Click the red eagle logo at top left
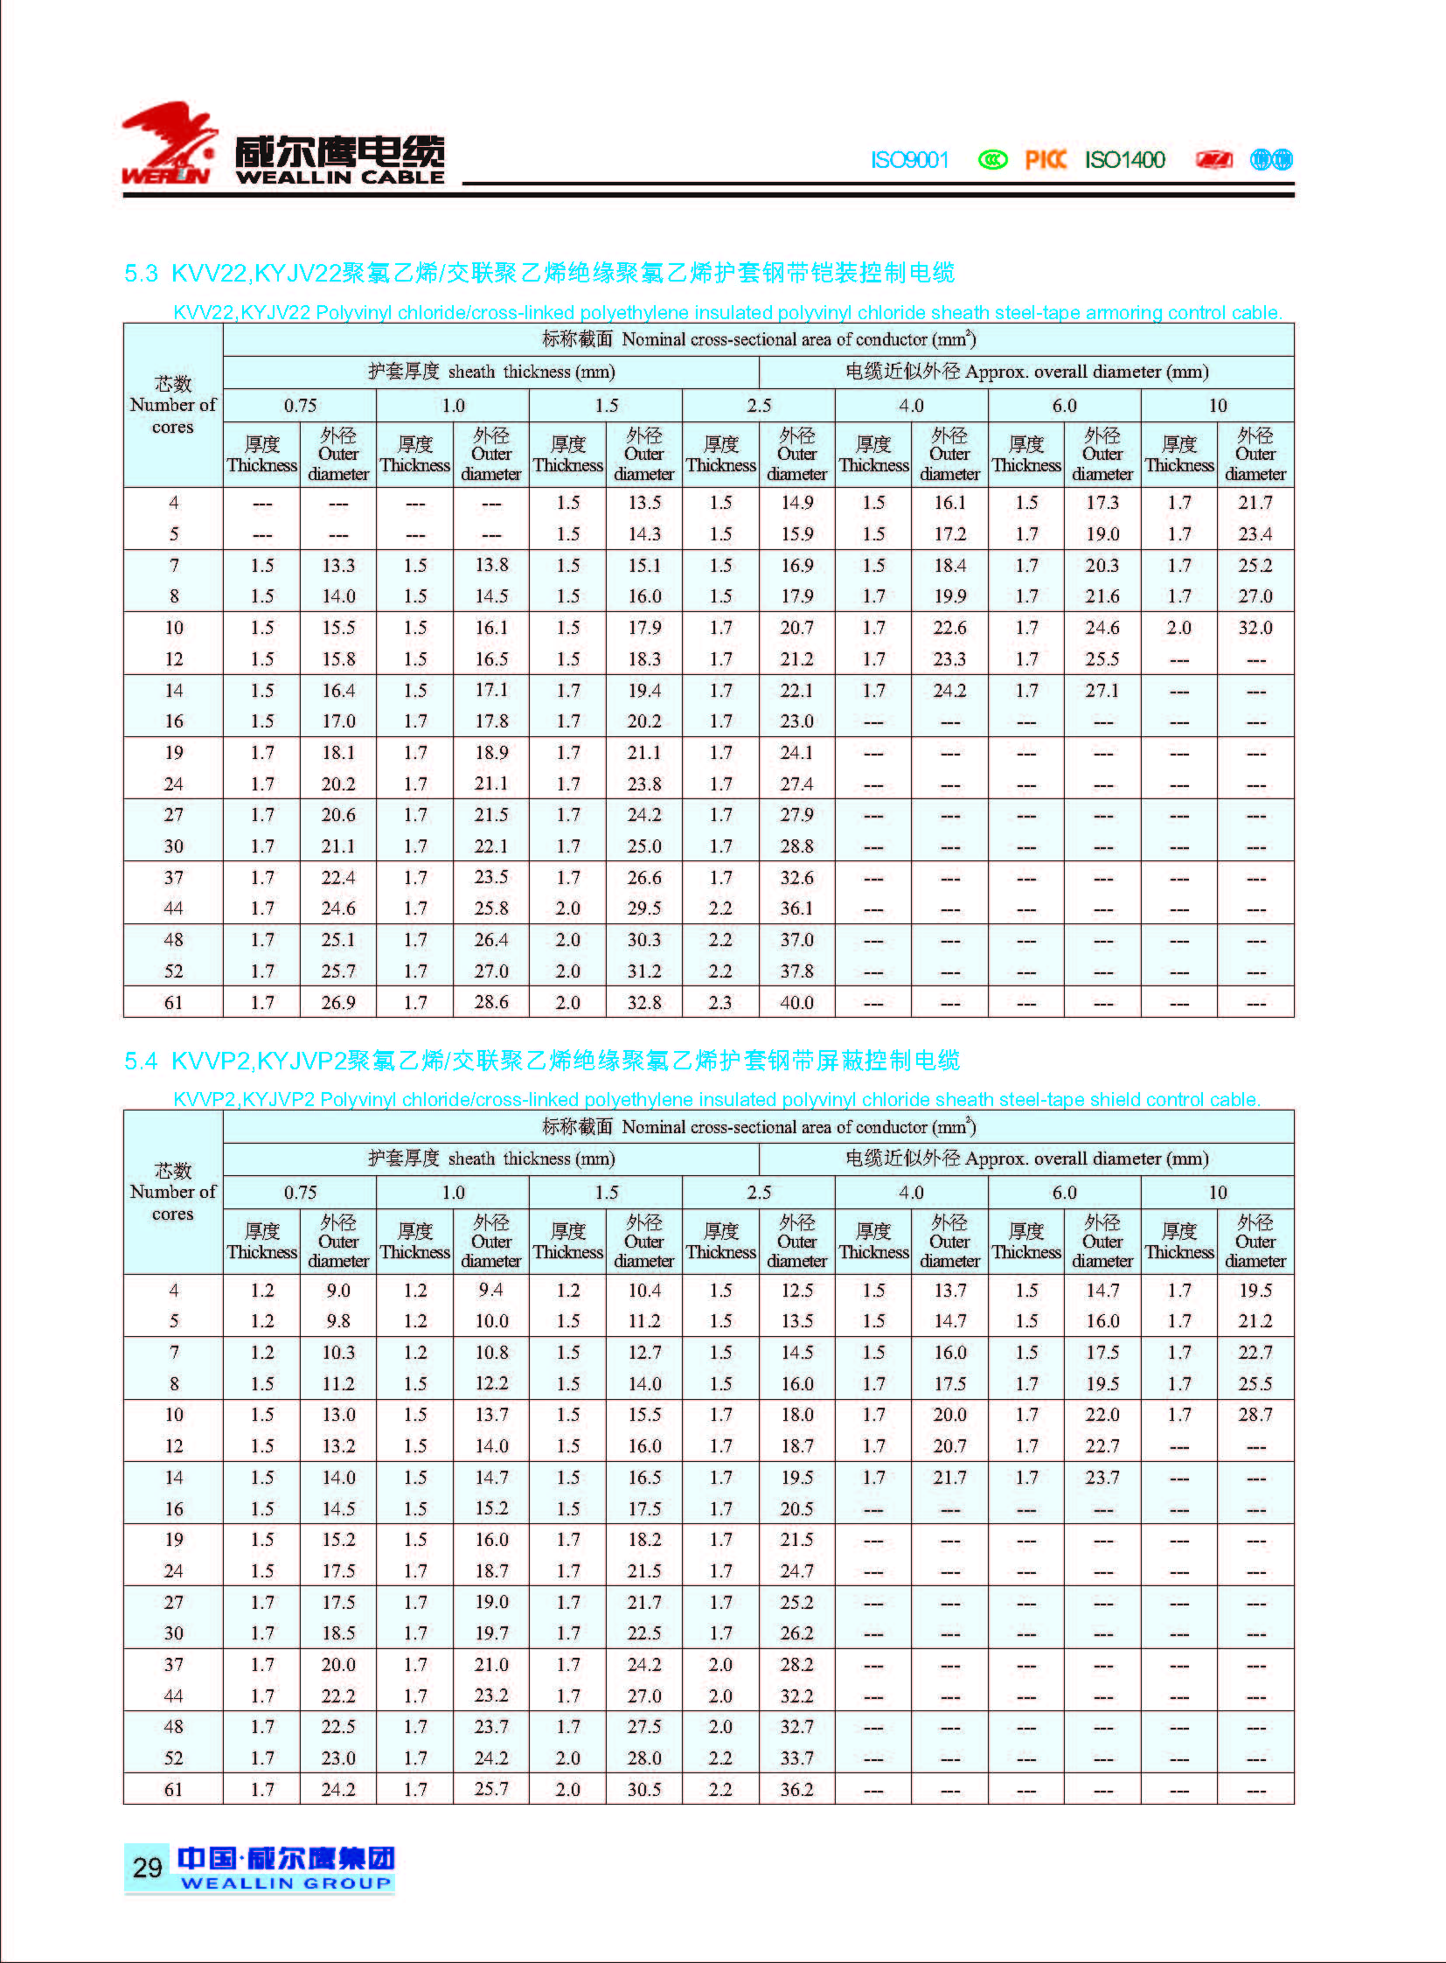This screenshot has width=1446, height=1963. pos(169,143)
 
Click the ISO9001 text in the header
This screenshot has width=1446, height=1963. pos(909,160)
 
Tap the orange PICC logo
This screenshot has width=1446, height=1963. pos(1045,160)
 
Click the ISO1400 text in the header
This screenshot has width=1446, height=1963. pos(1125,160)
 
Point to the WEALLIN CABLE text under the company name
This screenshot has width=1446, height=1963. pos(339,177)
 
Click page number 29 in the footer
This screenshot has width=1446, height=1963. pos(147,1868)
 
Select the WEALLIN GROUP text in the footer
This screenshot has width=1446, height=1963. pos(285,1883)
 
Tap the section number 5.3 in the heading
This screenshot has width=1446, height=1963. pos(140,273)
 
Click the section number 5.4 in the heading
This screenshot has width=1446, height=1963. pos(140,1062)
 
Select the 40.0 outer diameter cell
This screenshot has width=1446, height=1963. pos(796,1003)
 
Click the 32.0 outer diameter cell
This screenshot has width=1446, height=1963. pos(1255,628)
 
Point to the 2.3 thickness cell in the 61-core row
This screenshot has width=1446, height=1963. pos(720,1003)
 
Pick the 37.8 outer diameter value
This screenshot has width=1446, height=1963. pos(796,971)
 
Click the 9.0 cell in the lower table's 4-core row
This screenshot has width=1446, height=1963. pos(337,1291)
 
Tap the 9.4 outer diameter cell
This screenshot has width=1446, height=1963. pos(491,1291)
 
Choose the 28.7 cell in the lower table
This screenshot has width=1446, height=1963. pos(1255,1415)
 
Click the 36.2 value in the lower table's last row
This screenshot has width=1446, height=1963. pos(796,1790)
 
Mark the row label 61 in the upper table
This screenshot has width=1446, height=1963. pos(173,1003)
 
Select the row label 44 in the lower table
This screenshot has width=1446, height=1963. pos(173,1696)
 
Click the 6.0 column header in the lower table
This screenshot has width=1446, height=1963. pos(1064,1193)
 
